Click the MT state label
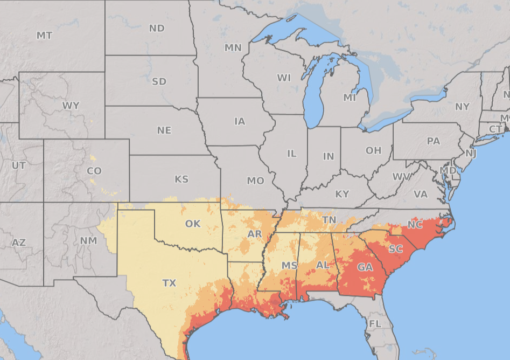45,36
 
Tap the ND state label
157,28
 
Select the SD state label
159,82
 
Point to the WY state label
71,106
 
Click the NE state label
164,130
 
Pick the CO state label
94,171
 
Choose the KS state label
181,179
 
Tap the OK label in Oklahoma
193,224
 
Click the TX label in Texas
169,282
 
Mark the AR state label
255,234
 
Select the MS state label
290,266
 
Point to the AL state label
323,265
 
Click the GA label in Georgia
365,267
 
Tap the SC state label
395,249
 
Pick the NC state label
415,225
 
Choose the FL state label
375,323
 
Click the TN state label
329,220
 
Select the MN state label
233,48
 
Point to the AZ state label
19,243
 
